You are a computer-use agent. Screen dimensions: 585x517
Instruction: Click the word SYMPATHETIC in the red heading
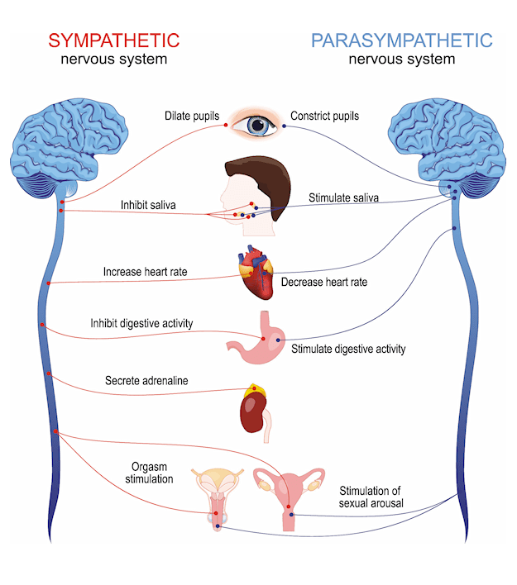point(113,40)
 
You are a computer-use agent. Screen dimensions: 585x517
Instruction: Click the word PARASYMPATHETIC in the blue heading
point(401,40)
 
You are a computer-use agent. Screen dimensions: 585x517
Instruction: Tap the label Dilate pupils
point(191,117)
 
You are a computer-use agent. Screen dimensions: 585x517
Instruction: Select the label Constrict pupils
point(325,117)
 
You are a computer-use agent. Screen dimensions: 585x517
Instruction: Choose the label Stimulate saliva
point(346,198)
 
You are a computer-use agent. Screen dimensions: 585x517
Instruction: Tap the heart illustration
point(256,278)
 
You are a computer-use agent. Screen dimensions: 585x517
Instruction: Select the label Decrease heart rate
point(323,283)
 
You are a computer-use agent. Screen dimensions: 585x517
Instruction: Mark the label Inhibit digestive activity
point(141,323)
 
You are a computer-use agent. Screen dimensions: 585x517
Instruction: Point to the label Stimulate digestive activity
point(348,349)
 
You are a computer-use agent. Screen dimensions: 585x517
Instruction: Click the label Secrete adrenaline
point(147,381)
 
